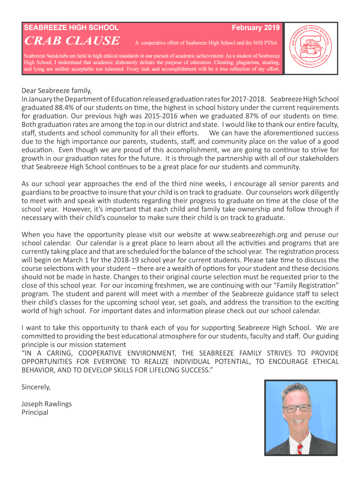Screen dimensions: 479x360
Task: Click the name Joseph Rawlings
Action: click(47, 404)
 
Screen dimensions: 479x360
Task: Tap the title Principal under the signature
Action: click(35, 412)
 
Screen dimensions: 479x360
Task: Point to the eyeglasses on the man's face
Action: click(297, 408)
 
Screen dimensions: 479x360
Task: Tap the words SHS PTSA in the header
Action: click(263, 43)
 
